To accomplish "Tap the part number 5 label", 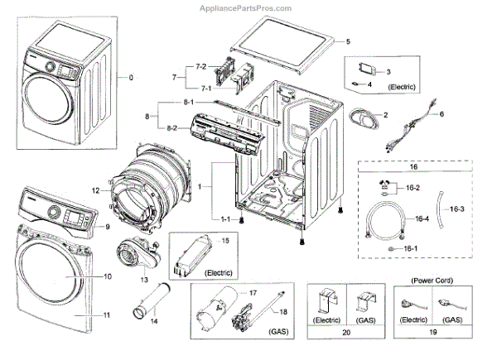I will (x=348, y=41).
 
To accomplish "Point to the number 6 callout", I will (x=442, y=113).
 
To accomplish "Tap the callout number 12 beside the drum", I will (x=96, y=191).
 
